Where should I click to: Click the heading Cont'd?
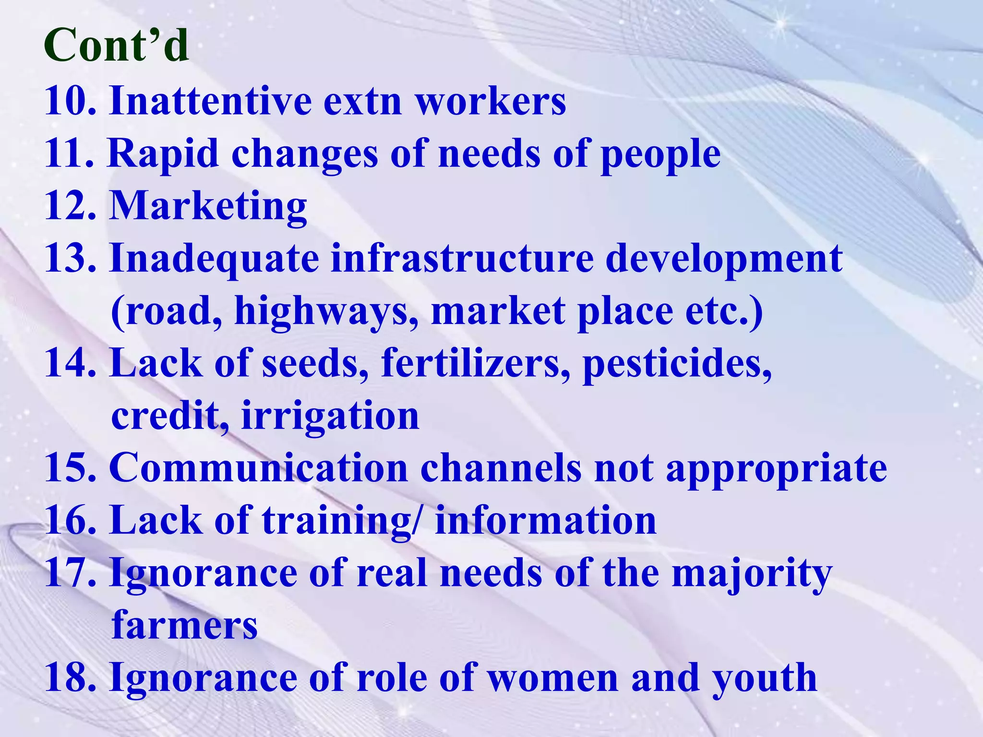tap(116, 45)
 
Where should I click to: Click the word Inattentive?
tap(210, 101)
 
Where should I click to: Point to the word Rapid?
tap(163, 154)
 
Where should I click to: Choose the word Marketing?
tap(208, 207)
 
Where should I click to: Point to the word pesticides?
tap(677, 364)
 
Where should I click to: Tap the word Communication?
tap(259, 468)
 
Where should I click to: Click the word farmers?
tap(184, 625)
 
